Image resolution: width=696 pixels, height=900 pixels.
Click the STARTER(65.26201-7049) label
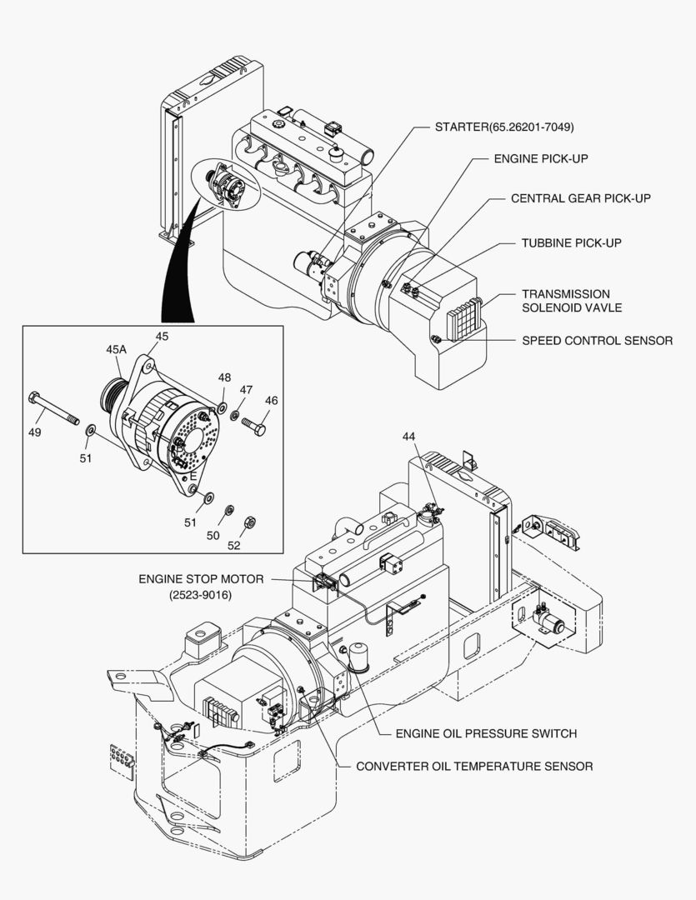[504, 127]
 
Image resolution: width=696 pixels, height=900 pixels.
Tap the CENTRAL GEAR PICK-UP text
[580, 198]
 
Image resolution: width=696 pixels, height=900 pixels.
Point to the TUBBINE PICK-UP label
[571, 243]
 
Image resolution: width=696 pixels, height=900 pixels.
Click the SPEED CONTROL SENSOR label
[597, 341]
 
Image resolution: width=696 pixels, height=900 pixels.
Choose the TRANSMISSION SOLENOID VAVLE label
[571, 301]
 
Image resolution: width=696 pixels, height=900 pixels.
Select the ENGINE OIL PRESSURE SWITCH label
[486, 733]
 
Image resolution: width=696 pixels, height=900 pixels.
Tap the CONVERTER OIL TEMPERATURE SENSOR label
[474, 766]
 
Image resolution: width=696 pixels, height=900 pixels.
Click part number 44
[408, 437]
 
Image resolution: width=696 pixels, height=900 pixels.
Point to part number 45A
[116, 350]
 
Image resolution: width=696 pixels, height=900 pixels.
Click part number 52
[233, 545]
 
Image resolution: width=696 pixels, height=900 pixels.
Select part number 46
[272, 401]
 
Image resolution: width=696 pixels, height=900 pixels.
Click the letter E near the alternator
[193, 476]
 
